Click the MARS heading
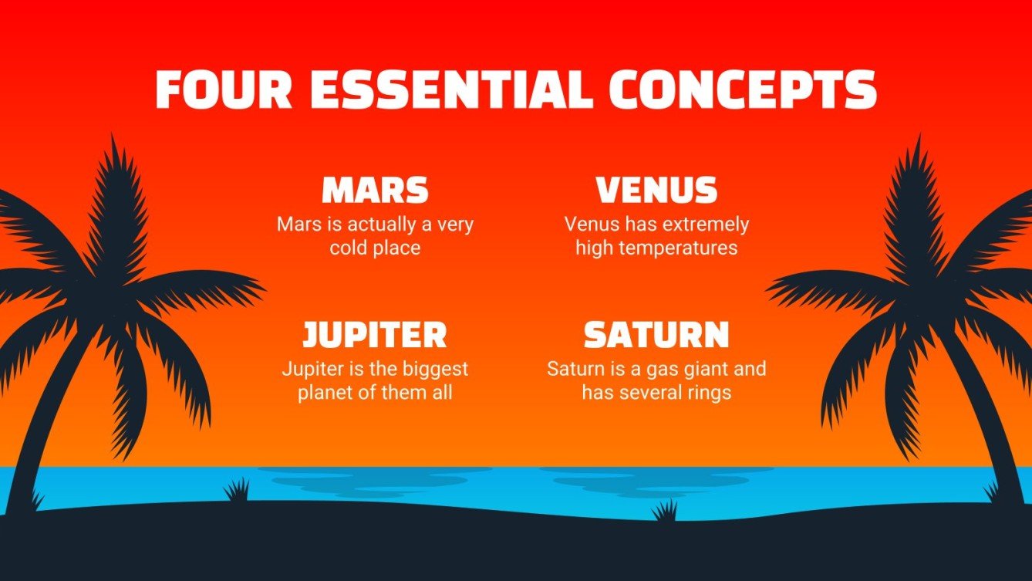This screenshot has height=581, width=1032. point(375,191)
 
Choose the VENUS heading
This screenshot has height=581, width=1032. point(656,191)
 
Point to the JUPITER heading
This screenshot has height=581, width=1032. point(375,335)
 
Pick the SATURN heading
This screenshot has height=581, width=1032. point(656,335)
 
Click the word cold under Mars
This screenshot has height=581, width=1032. point(348,248)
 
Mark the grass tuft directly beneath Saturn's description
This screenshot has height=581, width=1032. point(664,511)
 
